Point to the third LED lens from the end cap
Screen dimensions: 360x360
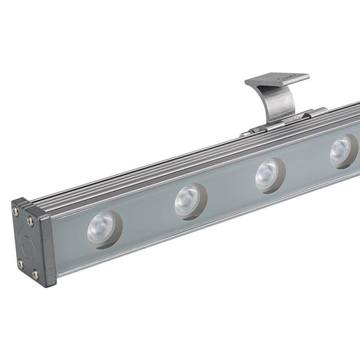tap(268, 174)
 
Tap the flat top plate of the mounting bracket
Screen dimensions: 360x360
tap(277, 79)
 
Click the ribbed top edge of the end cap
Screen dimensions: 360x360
tap(36, 203)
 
